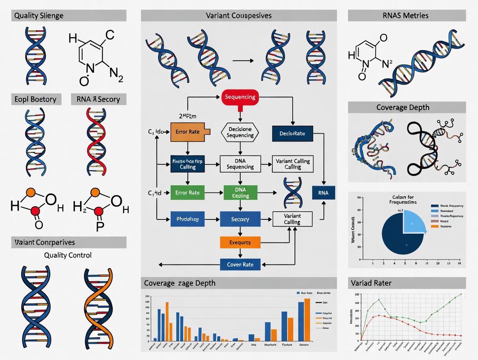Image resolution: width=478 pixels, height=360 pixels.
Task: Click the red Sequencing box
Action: point(239,97)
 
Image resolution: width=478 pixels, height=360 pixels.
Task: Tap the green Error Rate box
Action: point(188,193)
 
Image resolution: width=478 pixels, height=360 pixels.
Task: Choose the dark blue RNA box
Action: point(323,193)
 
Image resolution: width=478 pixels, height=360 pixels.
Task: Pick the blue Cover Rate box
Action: point(240,264)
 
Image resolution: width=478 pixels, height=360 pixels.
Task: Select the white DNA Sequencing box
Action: point(240,164)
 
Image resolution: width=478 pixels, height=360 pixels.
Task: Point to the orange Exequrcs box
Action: point(240,242)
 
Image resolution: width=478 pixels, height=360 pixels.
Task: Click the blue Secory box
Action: point(240,219)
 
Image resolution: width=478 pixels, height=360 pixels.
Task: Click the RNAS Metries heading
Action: point(406,16)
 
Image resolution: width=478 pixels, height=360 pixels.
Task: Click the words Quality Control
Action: point(68,255)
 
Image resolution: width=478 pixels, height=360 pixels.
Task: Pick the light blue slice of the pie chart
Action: point(413,221)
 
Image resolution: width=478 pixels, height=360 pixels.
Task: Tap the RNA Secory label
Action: point(98,99)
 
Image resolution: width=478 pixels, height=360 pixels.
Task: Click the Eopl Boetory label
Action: point(35,99)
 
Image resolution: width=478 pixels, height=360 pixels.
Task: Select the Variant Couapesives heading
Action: point(239,16)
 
